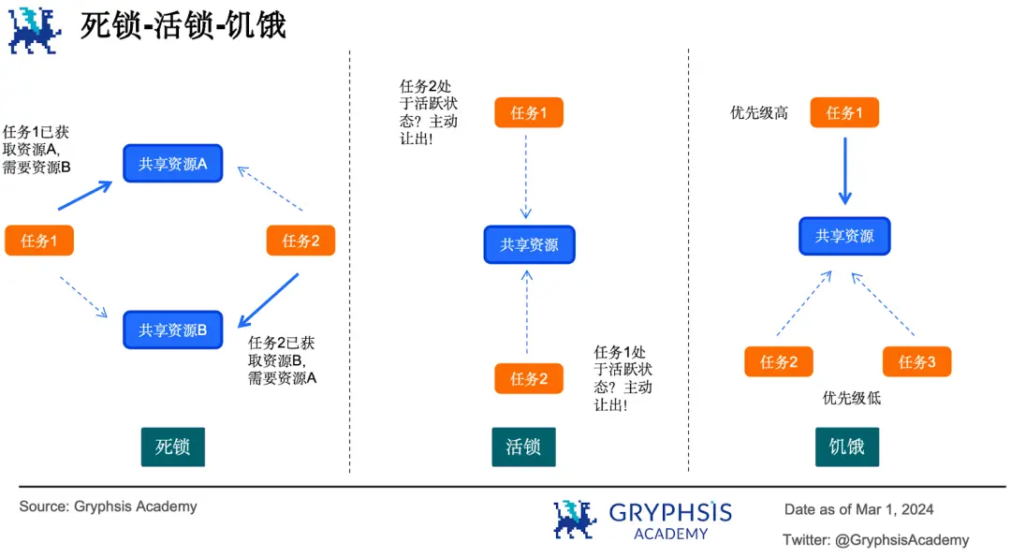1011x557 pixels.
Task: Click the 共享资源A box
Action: (x=173, y=164)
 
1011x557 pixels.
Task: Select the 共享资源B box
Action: (x=173, y=330)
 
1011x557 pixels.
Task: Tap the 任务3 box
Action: (x=916, y=362)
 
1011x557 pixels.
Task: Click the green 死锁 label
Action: (x=172, y=447)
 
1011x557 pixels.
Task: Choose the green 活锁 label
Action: (x=523, y=447)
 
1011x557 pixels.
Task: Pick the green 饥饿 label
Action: (x=846, y=447)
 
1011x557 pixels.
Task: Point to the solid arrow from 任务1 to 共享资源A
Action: (x=84, y=196)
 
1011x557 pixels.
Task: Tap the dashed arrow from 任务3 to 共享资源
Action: (x=883, y=304)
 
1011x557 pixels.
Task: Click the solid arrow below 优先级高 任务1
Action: (x=844, y=171)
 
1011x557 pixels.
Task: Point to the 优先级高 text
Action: (x=759, y=113)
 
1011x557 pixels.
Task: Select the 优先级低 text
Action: (x=852, y=398)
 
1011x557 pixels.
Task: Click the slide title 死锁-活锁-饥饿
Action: (x=183, y=25)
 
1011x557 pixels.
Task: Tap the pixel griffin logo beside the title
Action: (x=35, y=29)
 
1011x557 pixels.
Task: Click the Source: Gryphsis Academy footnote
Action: (x=109, y=506)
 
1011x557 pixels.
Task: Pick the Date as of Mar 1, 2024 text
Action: (x=858, y=509)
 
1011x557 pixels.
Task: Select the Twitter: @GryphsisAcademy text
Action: (x=875, y=539)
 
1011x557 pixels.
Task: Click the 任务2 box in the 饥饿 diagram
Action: (x=779, y=362)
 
